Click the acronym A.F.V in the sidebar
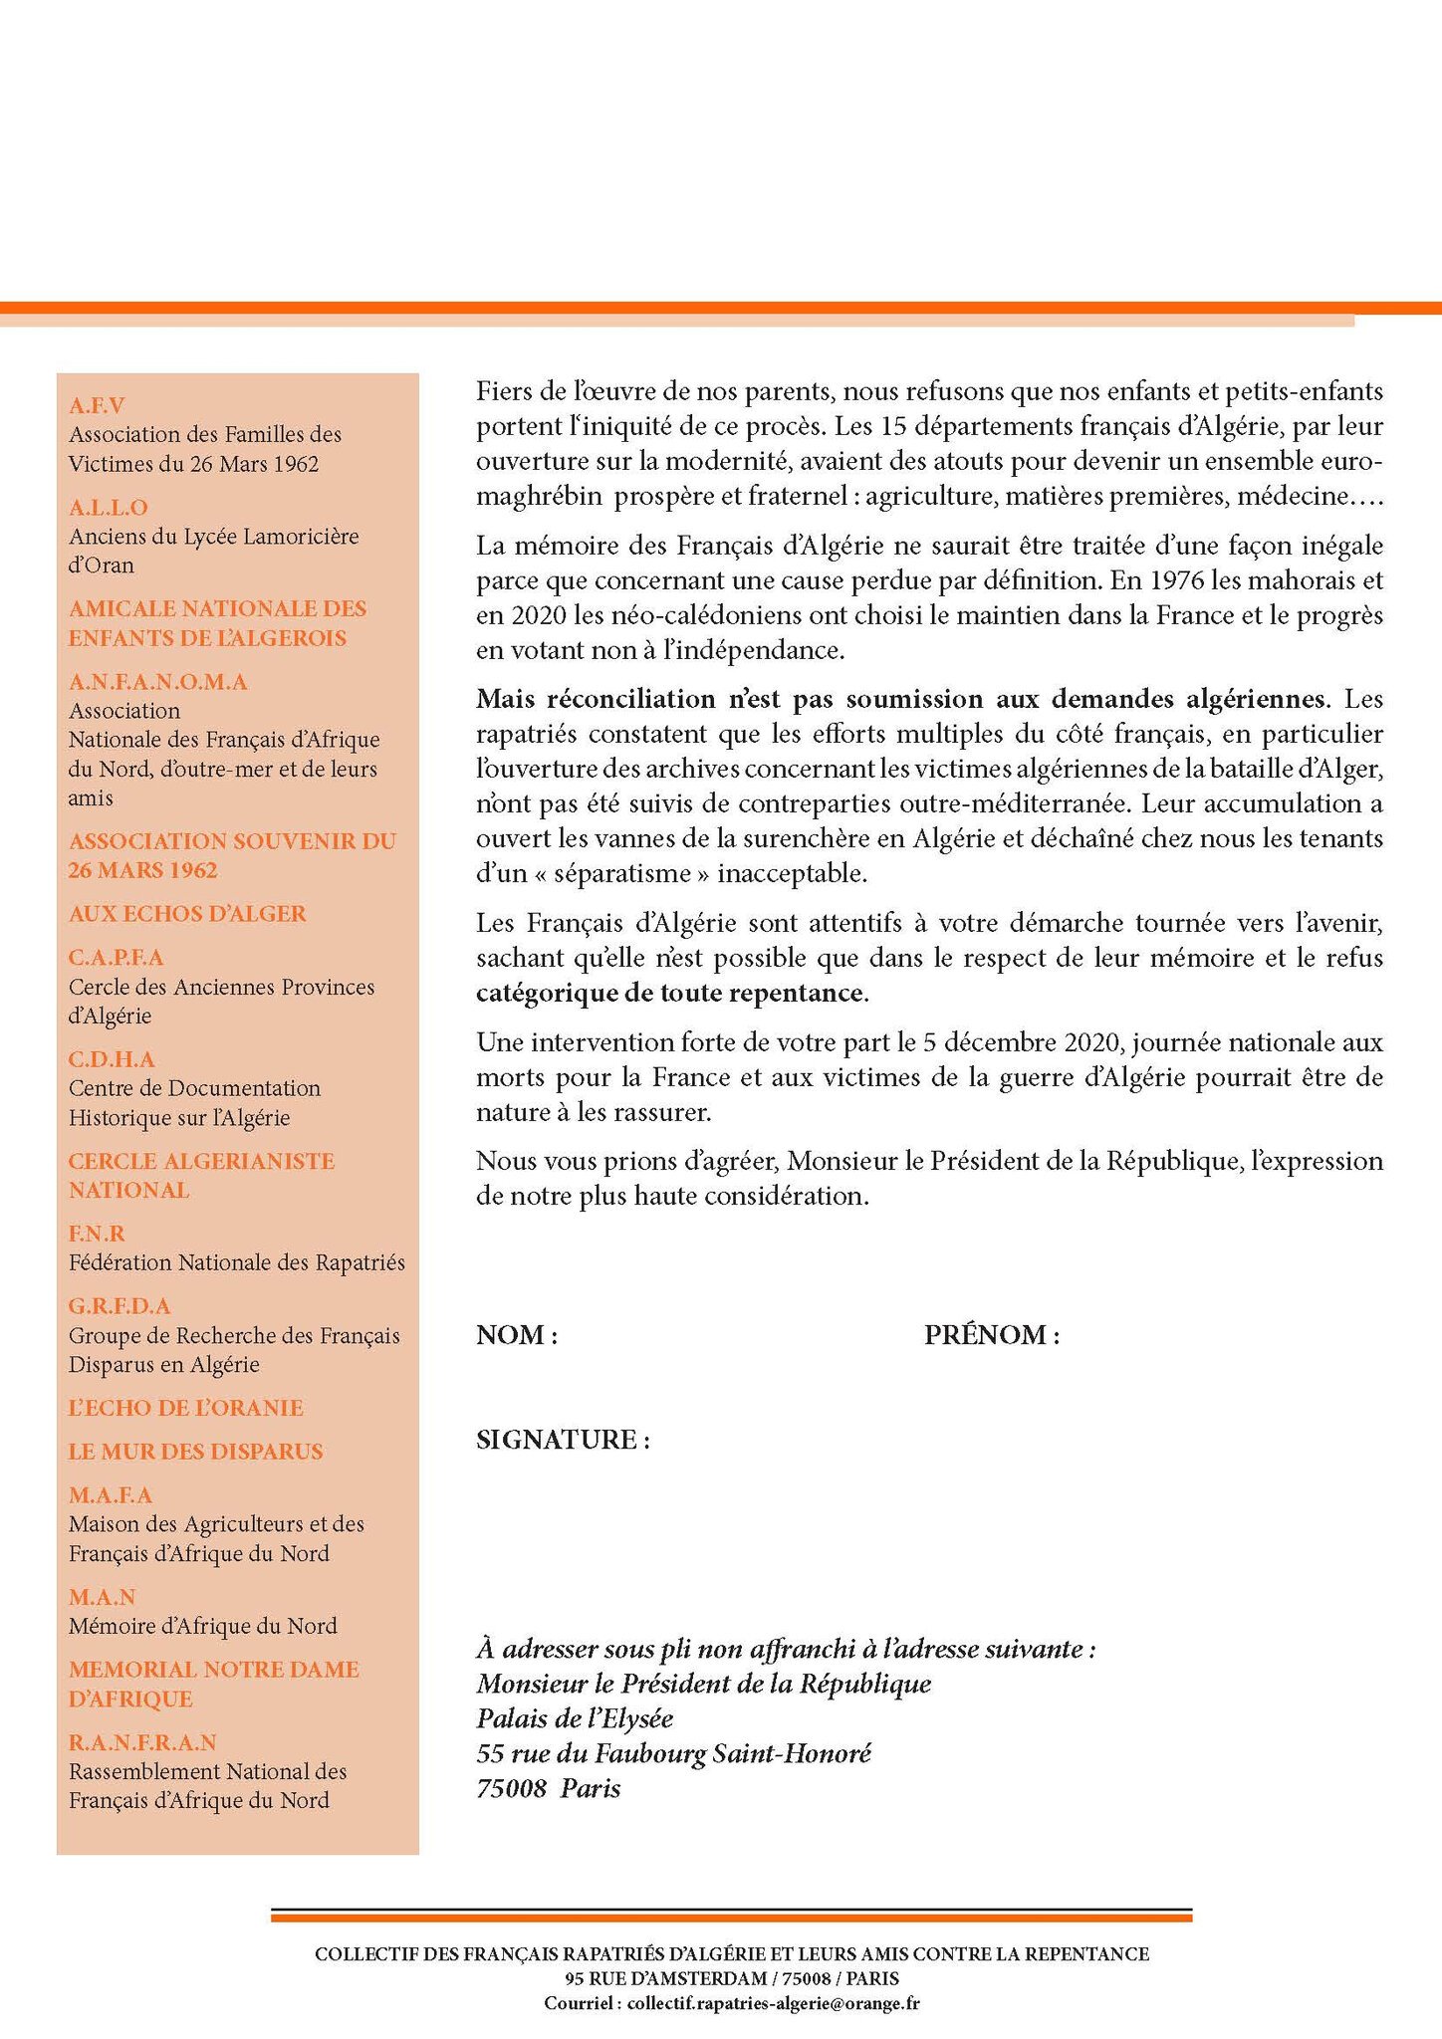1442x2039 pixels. (x=97, y=405)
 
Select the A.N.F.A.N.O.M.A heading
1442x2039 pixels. (x=158, y=682)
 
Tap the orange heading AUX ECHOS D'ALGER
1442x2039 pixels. (x=187, y=914)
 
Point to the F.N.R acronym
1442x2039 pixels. (x=97, y=1234)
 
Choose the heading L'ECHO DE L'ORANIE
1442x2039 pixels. (x=185, y=1408)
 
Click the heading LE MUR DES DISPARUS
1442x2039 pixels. (x=195, y=1452)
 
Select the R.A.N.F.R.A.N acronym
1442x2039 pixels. (x=142, y=1742)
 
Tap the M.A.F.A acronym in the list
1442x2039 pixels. (x=111, y=1495)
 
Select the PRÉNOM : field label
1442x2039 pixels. (x=991, y=1335)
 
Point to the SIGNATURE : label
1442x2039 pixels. (x=563, y=1440)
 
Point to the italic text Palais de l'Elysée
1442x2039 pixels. (x=575, y=1718)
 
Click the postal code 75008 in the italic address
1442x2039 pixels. (x=511, y=1789)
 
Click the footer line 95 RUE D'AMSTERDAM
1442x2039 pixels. (x=732, y=1979)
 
